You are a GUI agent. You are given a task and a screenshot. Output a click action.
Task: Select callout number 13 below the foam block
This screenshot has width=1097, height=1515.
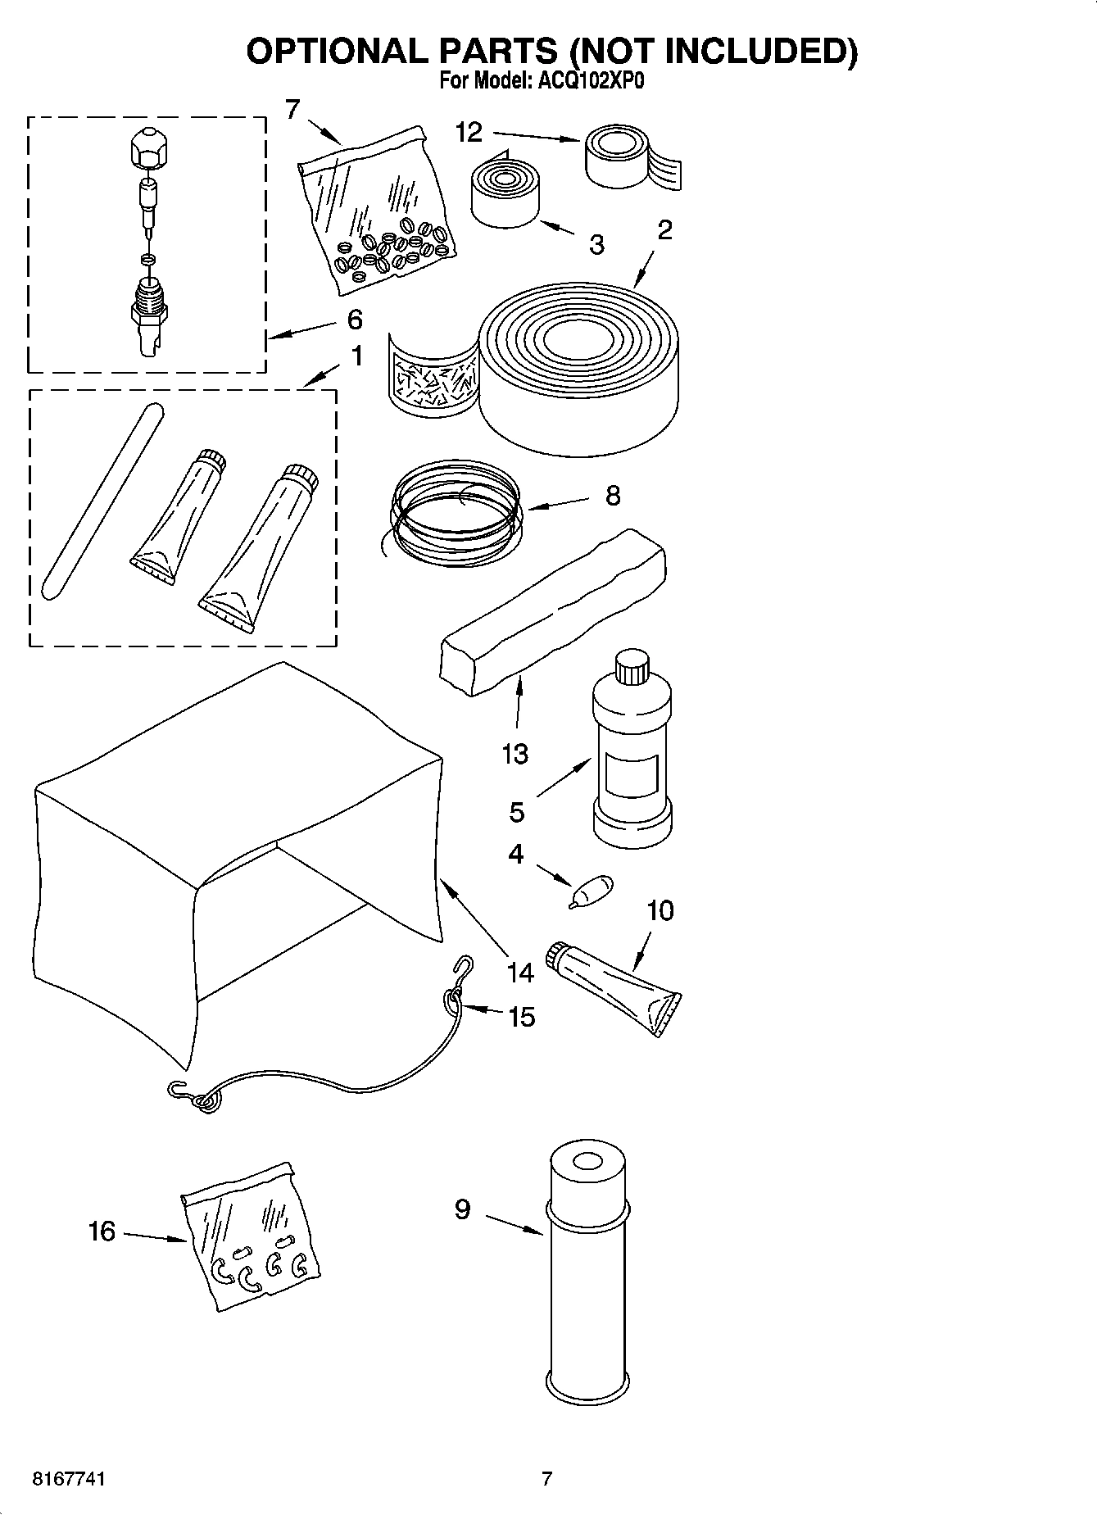(515, 753)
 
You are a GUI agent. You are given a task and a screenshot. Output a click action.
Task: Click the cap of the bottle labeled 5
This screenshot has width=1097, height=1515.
(632, 666)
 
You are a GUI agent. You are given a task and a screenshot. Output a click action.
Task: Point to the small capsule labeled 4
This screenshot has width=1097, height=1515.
(592, 889)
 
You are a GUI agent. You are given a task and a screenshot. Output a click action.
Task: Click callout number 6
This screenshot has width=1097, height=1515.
(354, 319)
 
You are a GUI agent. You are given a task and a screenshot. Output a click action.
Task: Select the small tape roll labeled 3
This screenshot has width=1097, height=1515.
(505, 194)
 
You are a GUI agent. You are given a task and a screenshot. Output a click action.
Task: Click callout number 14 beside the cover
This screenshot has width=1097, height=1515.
(519, 973)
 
